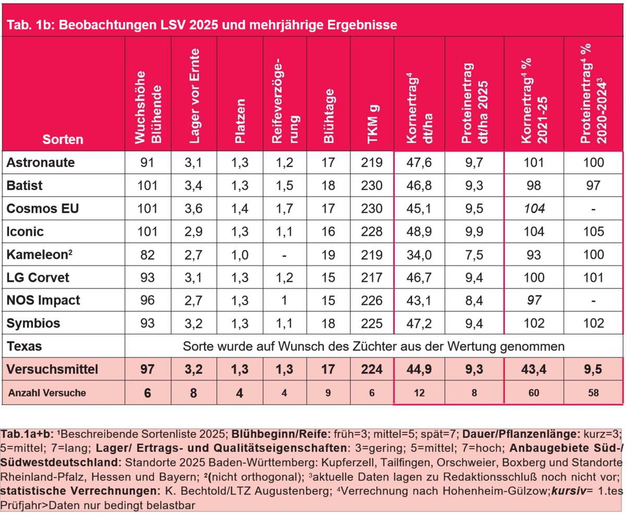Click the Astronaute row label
coord(41,162)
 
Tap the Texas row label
coord(24,346)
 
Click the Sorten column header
coord(63,139)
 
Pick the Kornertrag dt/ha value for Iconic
coord(419,231)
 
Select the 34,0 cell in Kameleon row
coord(419,254)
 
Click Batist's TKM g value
coord(371,185)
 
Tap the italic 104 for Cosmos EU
coord(534,208)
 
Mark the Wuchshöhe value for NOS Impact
coord(148,300)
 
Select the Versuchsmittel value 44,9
coord(419,369)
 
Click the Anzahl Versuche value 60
coord(534,392)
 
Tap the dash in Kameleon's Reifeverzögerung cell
coord(285,254)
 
